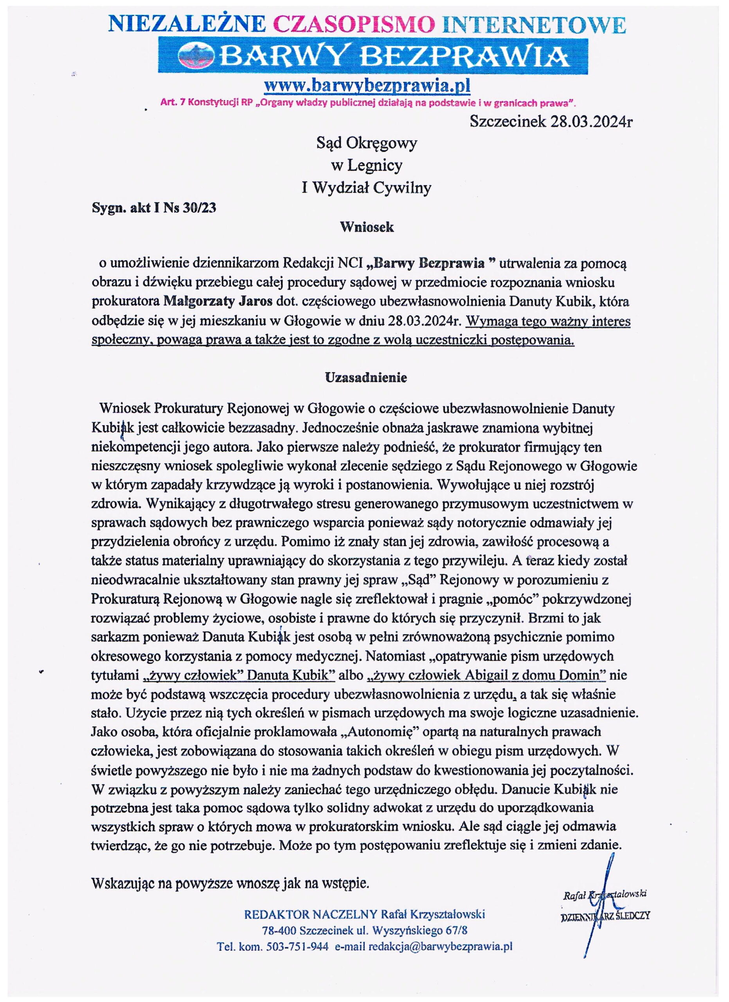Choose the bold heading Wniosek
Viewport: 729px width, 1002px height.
coord(367,227)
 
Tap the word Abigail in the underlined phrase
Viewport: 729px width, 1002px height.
coord(487,676)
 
